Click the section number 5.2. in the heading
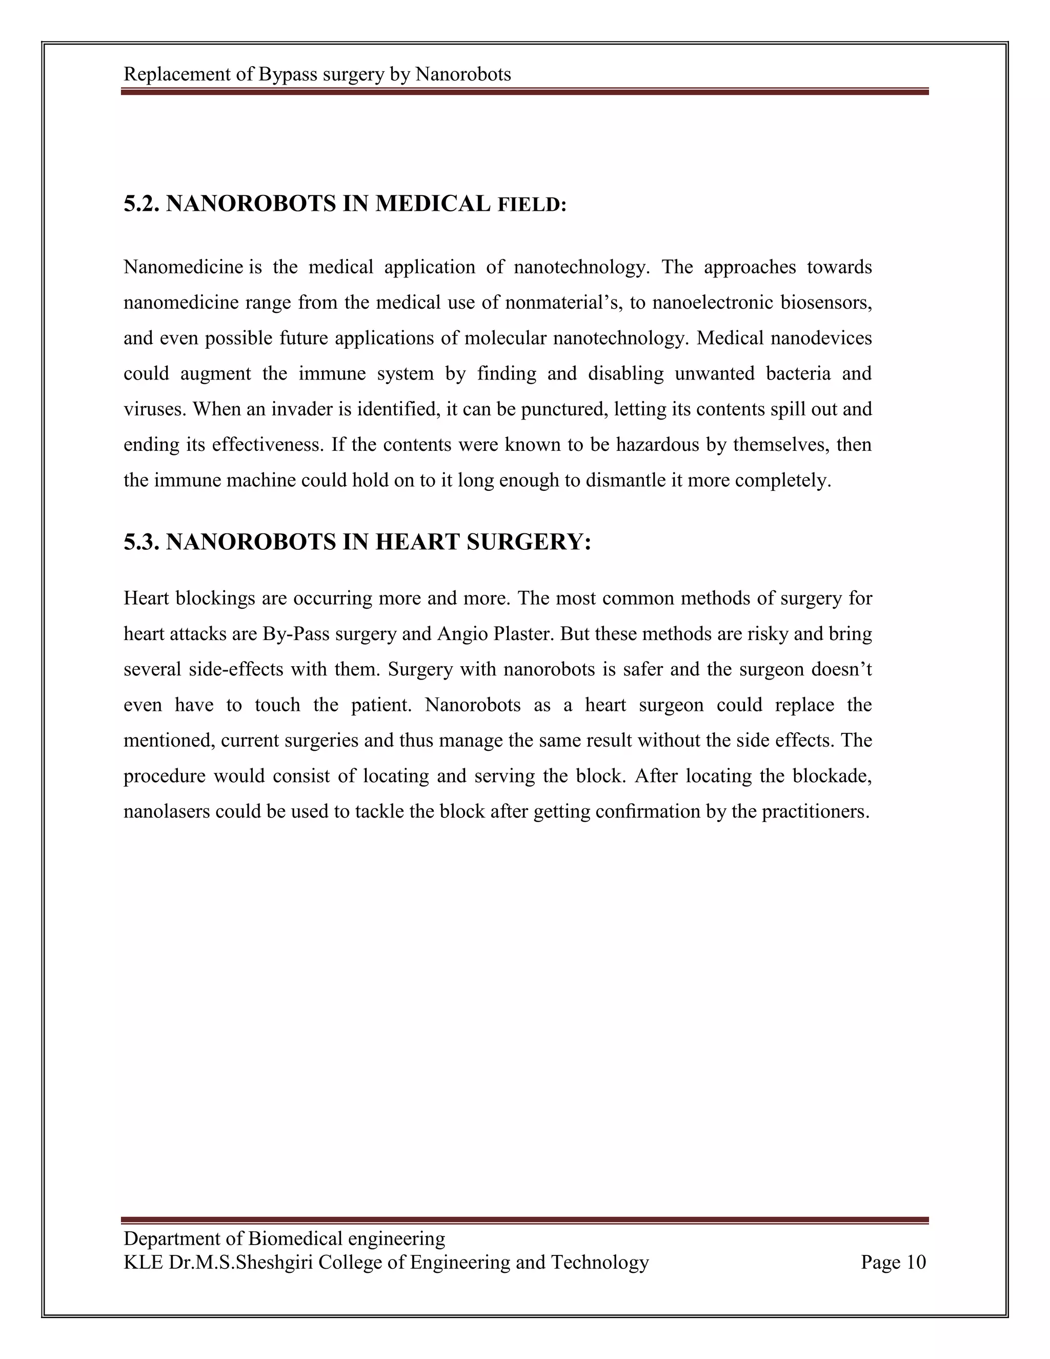(x=142, y=204)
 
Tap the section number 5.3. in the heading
(x=142, y=542)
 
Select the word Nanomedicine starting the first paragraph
(x=183, y=267)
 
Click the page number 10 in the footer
(x=916, y=1262)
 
